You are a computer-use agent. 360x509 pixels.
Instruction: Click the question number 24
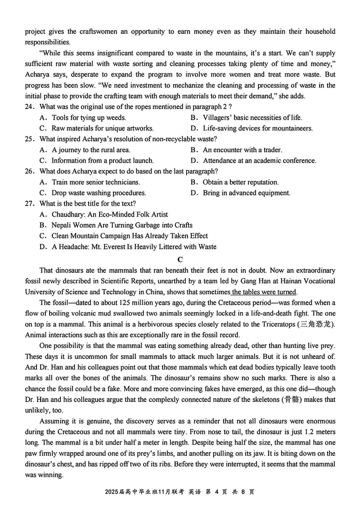(30, 107)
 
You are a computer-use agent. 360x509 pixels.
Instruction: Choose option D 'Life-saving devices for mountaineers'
(257, 128)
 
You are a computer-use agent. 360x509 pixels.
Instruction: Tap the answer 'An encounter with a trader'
(242, 150)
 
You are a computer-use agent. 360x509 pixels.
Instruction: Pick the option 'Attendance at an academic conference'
(259, 161)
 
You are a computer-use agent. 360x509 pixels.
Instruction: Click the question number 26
(30, 171)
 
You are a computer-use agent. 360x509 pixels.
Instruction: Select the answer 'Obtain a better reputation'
(240, 182)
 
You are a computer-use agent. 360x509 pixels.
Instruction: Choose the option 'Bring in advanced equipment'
(246, 193)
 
